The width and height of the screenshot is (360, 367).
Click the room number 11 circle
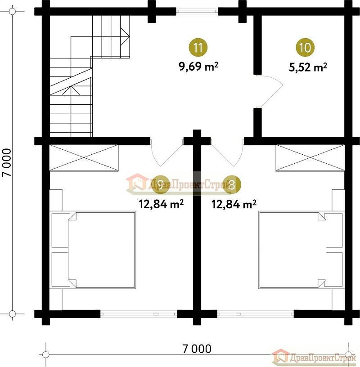click(x=198, y=48)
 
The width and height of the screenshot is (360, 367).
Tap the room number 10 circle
click(x=305, y=48)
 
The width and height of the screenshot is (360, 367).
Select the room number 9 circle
click(x=160, y=185)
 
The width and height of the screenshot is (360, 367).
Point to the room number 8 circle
click(x=231, y=185)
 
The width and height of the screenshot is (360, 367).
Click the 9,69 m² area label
click(x=198, y=67)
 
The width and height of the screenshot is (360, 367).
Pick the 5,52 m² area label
click(x=308, y=67)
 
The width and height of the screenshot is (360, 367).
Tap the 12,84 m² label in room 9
click(x=161, y=204)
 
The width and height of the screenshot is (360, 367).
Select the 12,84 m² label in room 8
click(x=234, y=204)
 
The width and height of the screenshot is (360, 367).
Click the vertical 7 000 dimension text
click(x=7, y=162)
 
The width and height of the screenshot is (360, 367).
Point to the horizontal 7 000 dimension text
click(x=197, y=349)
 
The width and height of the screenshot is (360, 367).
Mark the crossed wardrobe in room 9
click(x=84, y=158)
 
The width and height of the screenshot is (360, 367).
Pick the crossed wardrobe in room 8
click(x=310, y=158)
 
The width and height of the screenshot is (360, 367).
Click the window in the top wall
click(x=197, y=11)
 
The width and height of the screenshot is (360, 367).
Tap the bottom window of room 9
click(x=139, y=314)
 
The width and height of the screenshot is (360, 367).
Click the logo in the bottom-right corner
click(x=314, y=357)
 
